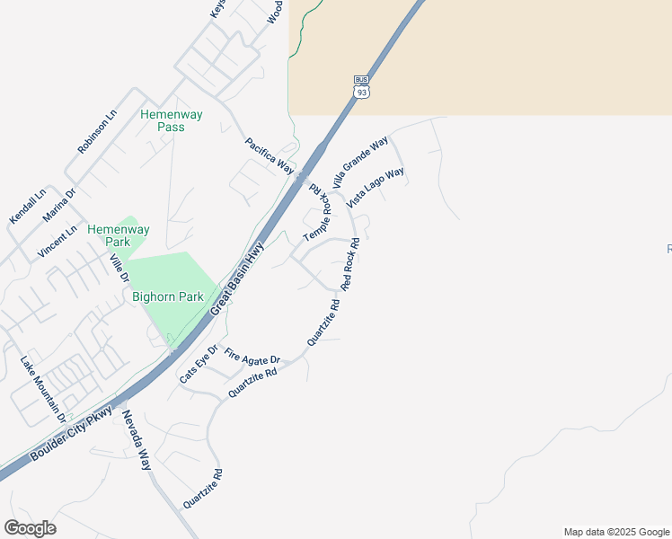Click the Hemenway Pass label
(171, 120)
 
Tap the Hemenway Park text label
(119, 235)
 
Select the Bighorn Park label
(167, 296)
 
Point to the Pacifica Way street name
(270, 155)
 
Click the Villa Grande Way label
(359, 162)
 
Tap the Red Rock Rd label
(350, 264)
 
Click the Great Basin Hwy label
(238, 278)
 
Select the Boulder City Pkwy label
(72, 434)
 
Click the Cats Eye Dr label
(199, 364)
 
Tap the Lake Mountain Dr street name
(43, 389)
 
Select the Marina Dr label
(60, 206)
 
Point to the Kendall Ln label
(27, 207)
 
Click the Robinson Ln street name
(97, 132)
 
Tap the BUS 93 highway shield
(361, 86)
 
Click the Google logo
(30, 528)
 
